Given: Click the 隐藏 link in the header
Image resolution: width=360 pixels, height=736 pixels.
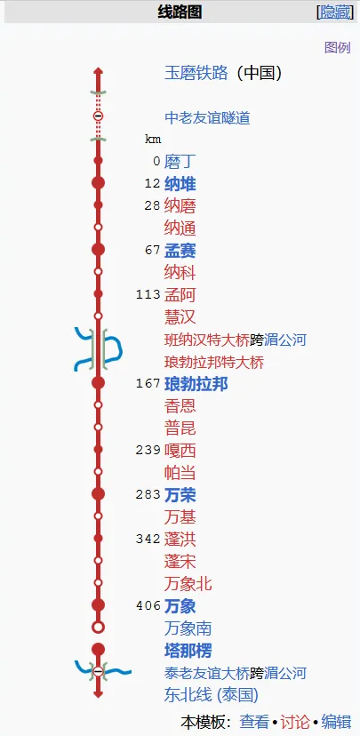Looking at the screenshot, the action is (x=335, y=12).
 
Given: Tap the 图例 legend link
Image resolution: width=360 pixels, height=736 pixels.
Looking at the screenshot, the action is (x=338, y=47).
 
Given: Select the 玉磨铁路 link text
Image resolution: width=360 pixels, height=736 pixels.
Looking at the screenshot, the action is (x=196, y=73).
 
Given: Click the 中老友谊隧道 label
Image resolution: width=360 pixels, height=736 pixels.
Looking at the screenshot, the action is (x=207, y=118).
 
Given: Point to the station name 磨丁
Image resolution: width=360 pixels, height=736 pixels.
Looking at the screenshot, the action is (x=179, y=162).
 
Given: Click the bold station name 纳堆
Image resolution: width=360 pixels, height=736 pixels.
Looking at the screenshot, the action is (x=180, y=184).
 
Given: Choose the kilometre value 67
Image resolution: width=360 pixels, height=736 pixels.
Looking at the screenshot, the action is (x=153, y=250).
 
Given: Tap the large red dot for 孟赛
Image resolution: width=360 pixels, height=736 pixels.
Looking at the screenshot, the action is (x=98, y=250).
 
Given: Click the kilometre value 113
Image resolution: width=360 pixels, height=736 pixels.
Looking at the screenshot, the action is (x=148, y=295).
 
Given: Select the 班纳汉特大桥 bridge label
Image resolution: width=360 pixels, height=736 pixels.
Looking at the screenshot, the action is (x=207, y=340).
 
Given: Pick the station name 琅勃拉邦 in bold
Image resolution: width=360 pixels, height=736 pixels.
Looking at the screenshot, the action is (x=196, y=384).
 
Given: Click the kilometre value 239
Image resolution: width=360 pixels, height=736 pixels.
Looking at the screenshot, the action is (x=148, y=450).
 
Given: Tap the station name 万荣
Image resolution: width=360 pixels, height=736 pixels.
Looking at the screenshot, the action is (x=180, y=495).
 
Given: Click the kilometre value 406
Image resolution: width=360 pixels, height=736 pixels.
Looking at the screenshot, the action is (x=148, y=606).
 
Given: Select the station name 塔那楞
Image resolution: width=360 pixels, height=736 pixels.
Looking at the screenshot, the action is (x=188, y=651).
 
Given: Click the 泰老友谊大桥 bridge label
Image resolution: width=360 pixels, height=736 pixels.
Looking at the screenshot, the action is (x=207, y=674).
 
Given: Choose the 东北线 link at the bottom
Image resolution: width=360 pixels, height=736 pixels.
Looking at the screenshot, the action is (x=188, y=695).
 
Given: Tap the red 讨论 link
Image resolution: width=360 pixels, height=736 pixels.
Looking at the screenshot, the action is (x=295, y=722).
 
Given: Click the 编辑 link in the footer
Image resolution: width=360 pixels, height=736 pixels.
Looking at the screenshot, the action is (x=336, y=722).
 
